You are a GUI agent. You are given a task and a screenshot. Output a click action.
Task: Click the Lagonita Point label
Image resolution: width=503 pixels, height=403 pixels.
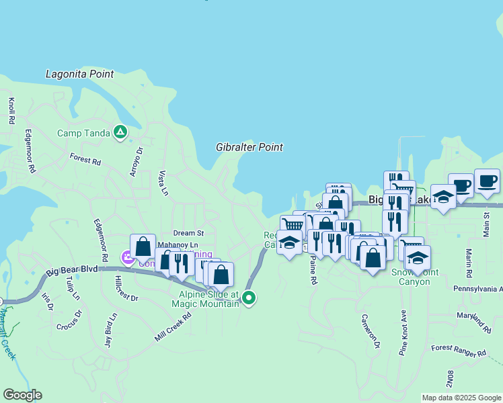[79, 74]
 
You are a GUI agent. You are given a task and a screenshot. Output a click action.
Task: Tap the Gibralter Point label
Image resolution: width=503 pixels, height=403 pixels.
[249, 147]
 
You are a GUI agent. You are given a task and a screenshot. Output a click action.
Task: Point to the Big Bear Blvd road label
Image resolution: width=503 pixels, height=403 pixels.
[73, 271]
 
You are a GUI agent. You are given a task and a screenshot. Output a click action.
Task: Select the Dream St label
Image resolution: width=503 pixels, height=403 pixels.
[188, 233]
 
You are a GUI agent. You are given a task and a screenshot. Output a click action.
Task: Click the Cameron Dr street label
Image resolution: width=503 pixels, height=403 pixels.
[371, 332]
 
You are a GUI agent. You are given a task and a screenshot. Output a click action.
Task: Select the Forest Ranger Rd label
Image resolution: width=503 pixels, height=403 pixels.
[459, 351]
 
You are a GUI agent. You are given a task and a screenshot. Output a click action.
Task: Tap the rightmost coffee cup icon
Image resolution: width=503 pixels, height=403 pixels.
[487, 181]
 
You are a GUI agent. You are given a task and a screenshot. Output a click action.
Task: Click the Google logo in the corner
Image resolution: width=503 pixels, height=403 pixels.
[22, 395]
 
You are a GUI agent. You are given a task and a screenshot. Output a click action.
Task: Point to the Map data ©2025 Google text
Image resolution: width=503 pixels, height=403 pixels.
[461, 398]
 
